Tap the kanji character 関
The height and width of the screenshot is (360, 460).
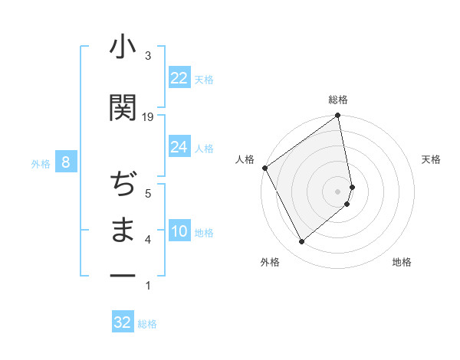pos(123,107)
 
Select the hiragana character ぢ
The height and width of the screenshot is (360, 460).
pos(123,185)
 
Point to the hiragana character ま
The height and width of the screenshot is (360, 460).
pos(123,230)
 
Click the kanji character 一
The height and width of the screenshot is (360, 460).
pos(123,275)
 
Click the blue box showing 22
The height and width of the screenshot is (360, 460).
pos(179,78)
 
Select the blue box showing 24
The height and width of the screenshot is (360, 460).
pos(179,147)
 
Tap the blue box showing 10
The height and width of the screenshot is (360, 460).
pos(179,231)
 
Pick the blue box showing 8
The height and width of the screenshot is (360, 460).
pos(66,162)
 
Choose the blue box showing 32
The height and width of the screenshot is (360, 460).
pos(123,322)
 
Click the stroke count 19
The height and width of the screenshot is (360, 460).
pos(148,117)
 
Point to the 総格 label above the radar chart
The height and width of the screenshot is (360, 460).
pos(338,100)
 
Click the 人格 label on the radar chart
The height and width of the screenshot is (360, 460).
pos(245,159)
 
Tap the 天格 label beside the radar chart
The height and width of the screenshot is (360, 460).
pos(432,159)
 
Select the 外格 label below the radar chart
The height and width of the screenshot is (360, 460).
pos(270,262)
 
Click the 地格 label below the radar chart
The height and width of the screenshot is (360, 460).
pos(402,262)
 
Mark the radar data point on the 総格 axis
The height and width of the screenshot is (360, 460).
pos(338,116)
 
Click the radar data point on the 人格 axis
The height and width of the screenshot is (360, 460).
pos(264,168)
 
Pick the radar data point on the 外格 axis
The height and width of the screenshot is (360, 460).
pos(301,241)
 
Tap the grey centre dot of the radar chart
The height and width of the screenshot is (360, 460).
pos(338,191)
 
